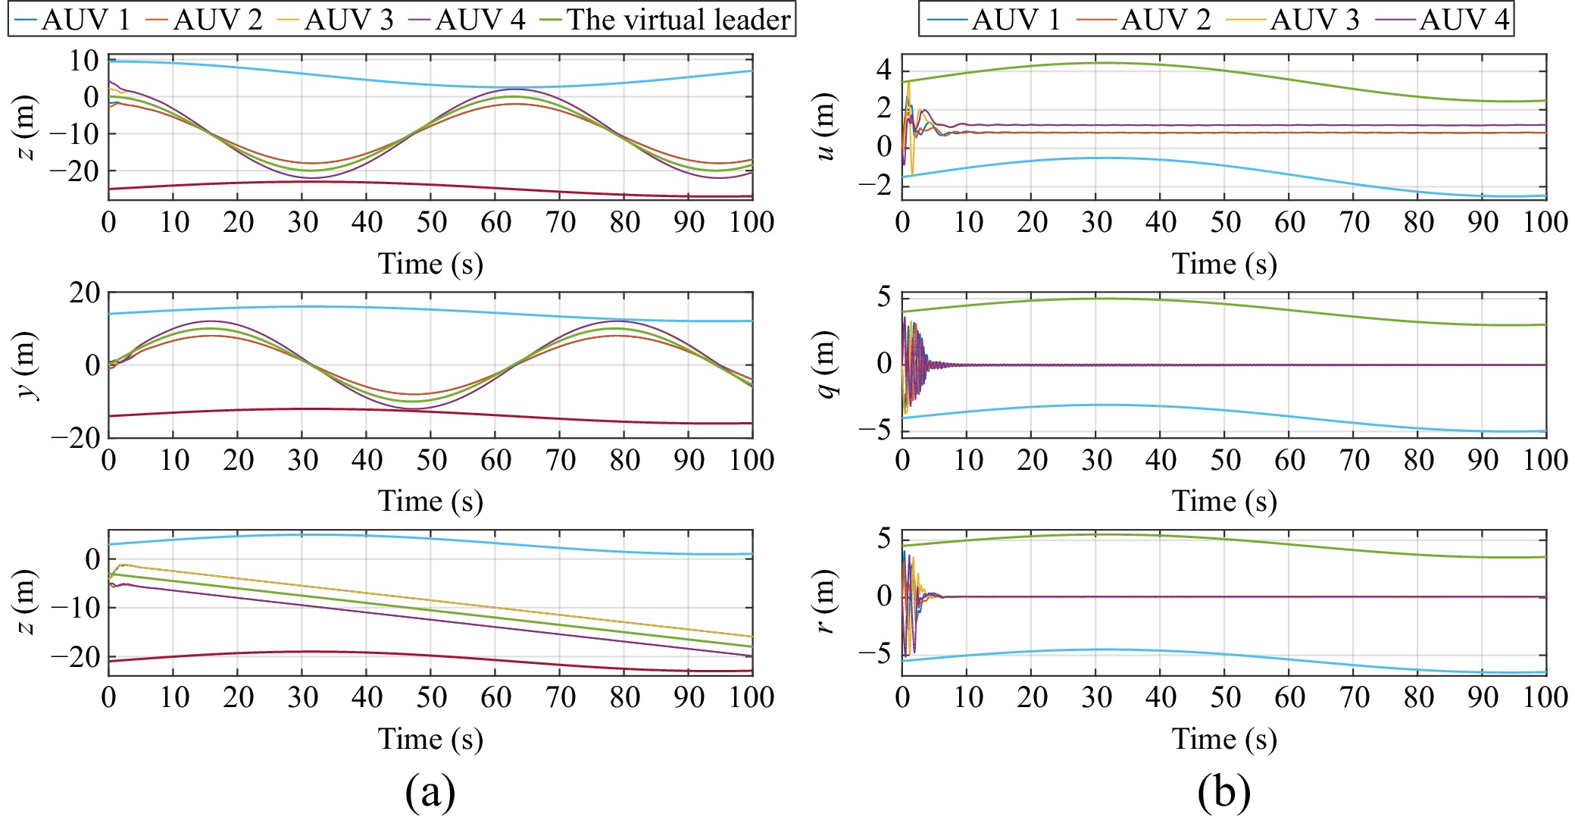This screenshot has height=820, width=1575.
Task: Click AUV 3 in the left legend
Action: point(348,19)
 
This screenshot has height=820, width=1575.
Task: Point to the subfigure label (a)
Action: point(430,792)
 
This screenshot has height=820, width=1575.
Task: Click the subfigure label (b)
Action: point(1223,792)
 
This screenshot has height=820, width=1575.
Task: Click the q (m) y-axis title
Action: point(826,365)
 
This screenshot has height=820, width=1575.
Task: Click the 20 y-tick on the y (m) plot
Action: point(84,293)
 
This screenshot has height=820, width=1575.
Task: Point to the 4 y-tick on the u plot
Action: point(884,70)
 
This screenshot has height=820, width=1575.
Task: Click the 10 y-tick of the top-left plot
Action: point(84,61)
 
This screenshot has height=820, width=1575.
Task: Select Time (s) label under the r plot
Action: point(1224,738)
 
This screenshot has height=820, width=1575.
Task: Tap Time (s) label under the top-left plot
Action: point(430,264)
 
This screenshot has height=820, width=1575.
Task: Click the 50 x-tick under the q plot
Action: point(1225,459)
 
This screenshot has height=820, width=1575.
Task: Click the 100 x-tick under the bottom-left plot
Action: point(752,696)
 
